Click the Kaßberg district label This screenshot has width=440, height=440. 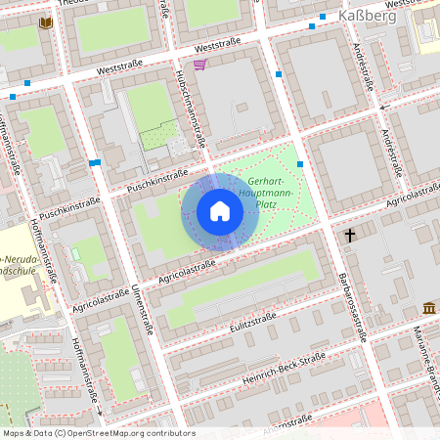point(367,17)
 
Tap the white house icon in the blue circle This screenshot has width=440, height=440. point(220,211)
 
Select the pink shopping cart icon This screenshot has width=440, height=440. point(199,65)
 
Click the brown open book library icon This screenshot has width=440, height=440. point(45,22)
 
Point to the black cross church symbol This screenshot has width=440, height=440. point(350,236)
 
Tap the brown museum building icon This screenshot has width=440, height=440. point(428,309)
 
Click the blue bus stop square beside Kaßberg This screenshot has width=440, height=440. point(323,18)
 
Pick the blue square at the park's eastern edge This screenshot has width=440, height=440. point(300,164)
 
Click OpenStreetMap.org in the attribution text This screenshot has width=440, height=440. point(122,433)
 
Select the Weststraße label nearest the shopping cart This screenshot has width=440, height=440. point(217,46)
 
